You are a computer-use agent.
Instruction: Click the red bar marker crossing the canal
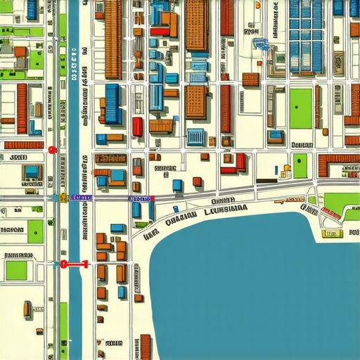(73, 265)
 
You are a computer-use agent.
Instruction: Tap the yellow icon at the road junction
(63, 198)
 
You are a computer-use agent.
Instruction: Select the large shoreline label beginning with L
(225, 209)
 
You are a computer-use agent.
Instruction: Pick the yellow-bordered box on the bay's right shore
(330, 233)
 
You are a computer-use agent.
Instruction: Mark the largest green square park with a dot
(300, 108)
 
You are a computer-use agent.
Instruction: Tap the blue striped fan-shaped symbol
(261, 44)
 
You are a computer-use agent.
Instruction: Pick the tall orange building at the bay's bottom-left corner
(146, 347)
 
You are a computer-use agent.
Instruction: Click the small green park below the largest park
(300, 166)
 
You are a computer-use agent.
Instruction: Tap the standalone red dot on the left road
(51, 149)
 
